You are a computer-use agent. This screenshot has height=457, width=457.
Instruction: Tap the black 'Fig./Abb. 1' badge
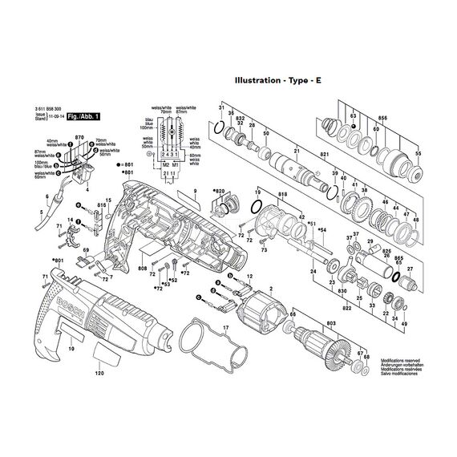pyautogui.click(x=84, y=116)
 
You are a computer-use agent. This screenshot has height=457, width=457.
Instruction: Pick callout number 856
pyautogui.click(x=382, y=118)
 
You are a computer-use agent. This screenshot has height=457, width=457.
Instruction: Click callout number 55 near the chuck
pyautogui.click(x=417, y=152)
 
